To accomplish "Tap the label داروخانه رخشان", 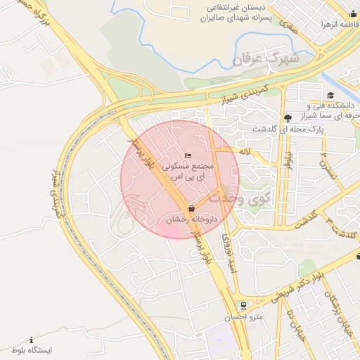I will [x=191, y=220].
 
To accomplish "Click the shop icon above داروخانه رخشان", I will [x=191, y=208].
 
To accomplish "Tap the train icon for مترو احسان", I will [x=243, y=306].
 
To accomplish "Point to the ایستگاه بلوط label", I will [x=31, y=349].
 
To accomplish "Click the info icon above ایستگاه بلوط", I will [x=31, y=340].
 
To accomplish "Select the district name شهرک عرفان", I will [x=266, y=59].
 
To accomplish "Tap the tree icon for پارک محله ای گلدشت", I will [x=287, y=117].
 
